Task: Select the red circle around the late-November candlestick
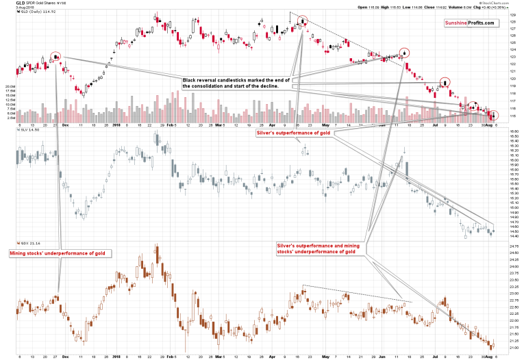(x=56, y=57)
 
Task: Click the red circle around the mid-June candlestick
(x=405, y=51)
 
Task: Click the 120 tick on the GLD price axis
(x=512, y=79)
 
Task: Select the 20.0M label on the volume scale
(x=10, y=87)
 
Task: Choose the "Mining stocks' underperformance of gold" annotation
(x=60, y=253)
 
